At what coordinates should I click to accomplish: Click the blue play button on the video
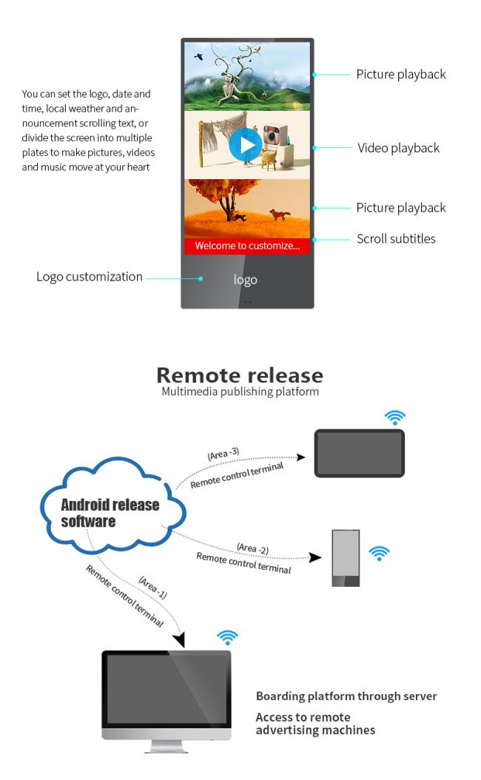[x=245, y=145]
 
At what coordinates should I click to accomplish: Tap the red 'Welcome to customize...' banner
[x=247, y=246]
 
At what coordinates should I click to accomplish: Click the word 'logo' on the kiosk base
[x=245, y=280]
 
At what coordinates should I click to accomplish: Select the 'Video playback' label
[x=398, y=148]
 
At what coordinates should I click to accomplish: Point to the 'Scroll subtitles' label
[x=396, y=239]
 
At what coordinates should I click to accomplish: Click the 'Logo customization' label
[x=90, y=277]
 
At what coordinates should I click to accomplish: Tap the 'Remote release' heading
[x=240, y=375]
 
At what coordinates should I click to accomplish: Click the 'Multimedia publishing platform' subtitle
[x=240, y=391]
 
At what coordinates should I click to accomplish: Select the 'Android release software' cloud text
[x=110, y=513]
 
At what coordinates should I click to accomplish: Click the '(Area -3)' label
[x=223, y=454]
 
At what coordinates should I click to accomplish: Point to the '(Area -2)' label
[x=252, y=548]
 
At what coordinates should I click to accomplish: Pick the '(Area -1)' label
[x=152, y=587]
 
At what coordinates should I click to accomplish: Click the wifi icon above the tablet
[x=395, y=418]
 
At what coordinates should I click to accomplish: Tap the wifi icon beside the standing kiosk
[x=379, y=553]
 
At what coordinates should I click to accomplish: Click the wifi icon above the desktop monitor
[x=228, y=637]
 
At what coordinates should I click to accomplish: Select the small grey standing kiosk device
[x=346, y=558]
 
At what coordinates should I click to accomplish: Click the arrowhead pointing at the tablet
[x=301, y=457]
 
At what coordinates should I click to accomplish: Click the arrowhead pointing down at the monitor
[x=179, y=639]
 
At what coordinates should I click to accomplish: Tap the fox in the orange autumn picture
[x=280, y=215]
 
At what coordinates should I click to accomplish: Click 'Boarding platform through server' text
[x=346, y=696]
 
